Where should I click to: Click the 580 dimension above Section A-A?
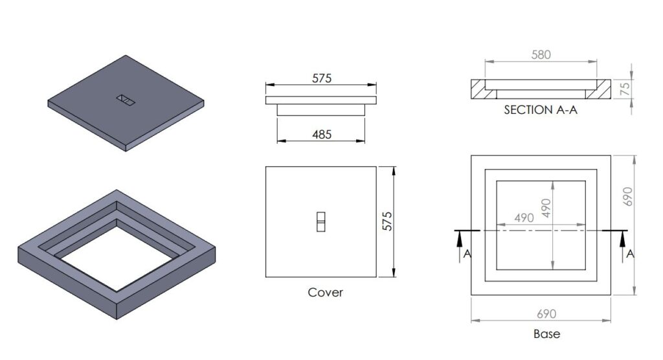pyautogui.click(x=541, y=55)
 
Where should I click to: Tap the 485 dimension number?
pyautogui.click(x=322, y=135)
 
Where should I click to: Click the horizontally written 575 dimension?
pyautogui.click(x=322, y=78)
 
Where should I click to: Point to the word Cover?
pyautogui.click(x=325, y=293)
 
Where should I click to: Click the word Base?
pyautogui.click(x=546, y=335)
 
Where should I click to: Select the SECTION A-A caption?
pyautogui.click(x=540, y=111)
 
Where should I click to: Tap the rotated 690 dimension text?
pyautogui.click(x=626, y=192)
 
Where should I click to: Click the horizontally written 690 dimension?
pyautogui.click(x=546, y=314)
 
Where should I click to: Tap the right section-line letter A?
pyautogui.click(x=630, y=254)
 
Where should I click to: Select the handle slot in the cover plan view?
pyautogui.click(x=321, y=221)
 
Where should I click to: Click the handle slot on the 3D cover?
pyautogui.click(x=125, y=100)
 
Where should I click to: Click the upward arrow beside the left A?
pyautogui.click(x=458, y=243)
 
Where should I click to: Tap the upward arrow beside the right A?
pyautogui.click(x=622, y=243)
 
